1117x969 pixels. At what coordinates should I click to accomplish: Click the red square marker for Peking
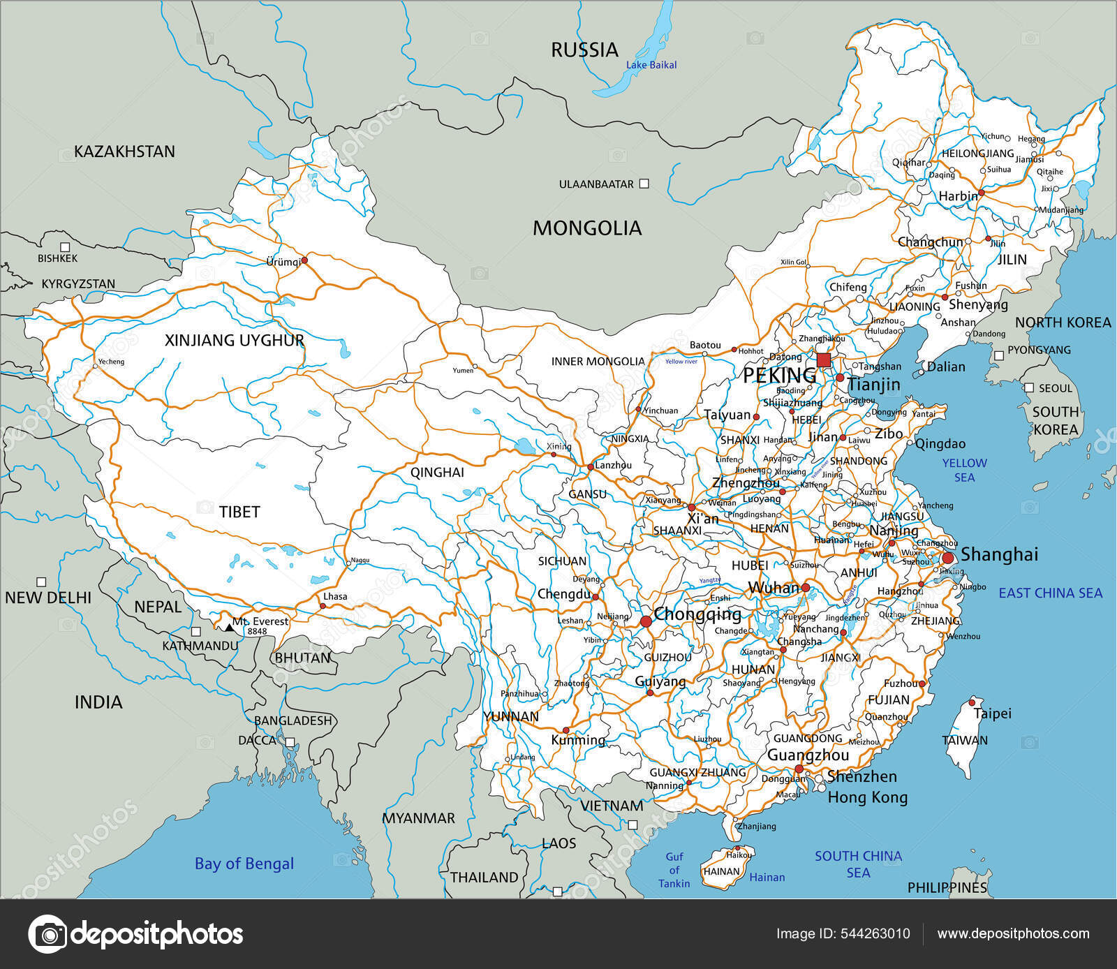click(824, 360)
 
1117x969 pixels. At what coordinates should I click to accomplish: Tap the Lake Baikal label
click(651, 65)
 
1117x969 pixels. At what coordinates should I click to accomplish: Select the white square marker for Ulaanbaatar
click(644, 184)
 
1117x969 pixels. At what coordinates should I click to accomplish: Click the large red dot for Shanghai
click(948, 558)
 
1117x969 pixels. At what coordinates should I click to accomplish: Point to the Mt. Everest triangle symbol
click(229, 628)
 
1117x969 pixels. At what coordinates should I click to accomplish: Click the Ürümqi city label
click(283, 262)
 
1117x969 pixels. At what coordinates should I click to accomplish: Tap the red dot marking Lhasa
click(322, 605)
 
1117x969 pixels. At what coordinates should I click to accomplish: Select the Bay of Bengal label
click(244, 864)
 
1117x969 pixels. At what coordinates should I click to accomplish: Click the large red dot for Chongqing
click(646, 621)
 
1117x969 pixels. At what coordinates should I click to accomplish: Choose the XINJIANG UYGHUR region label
click(234, 340)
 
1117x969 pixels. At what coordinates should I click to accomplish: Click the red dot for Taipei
click(972, 702)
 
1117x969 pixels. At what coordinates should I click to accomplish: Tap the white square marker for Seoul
click(1028, 387)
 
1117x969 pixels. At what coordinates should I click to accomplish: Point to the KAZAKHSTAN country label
click(124, 151)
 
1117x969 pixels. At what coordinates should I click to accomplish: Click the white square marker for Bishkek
click(65, 246)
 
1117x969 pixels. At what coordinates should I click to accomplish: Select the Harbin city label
click(958, 196)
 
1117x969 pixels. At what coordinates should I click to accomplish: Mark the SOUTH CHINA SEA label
click(858, 864)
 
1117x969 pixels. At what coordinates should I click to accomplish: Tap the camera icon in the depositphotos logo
click(48, 934)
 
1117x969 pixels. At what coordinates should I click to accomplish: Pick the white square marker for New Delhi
click(41, 582)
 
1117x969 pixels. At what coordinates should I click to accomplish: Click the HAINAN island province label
click(721, 871)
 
